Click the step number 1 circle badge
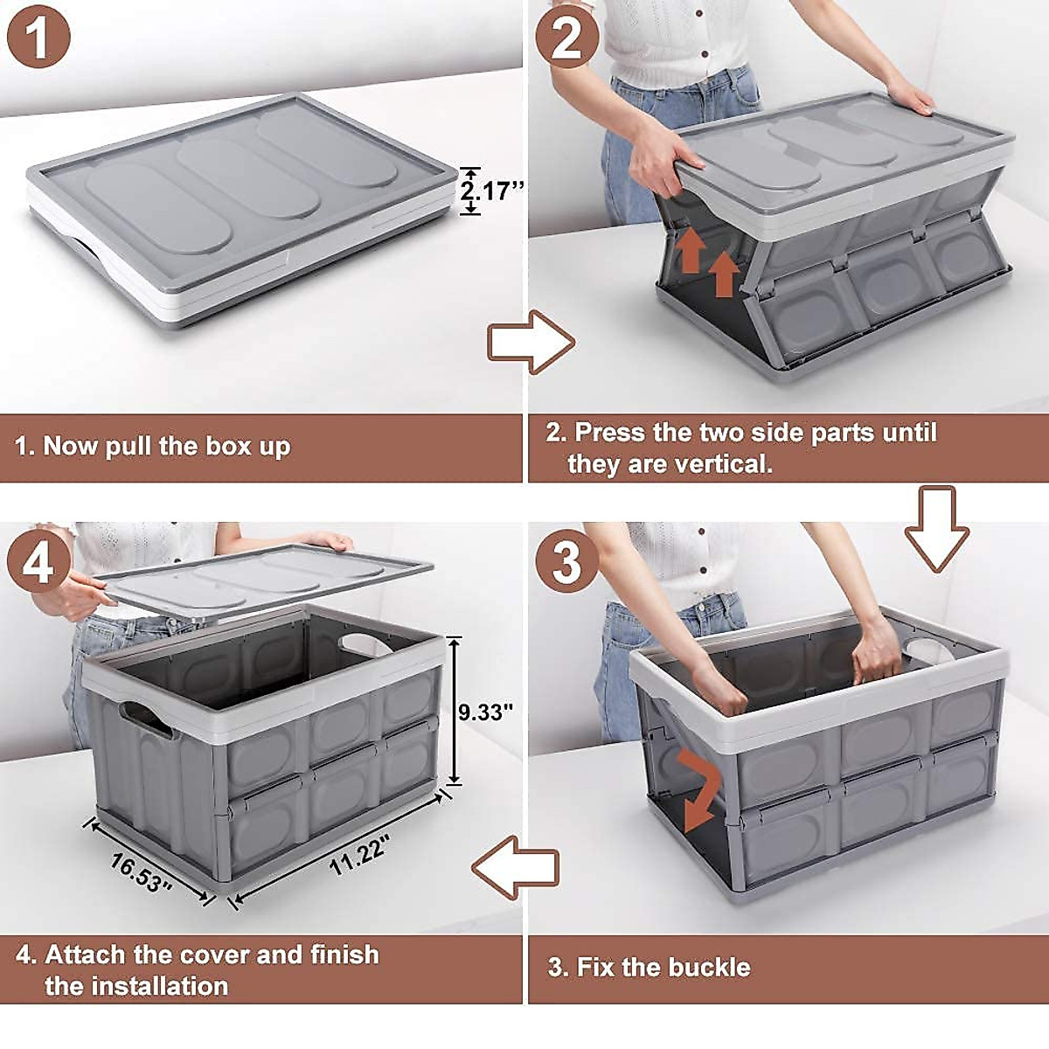[38, 38]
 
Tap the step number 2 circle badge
[566, 38]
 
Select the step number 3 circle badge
[566, 560]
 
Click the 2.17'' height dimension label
[490, 191]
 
